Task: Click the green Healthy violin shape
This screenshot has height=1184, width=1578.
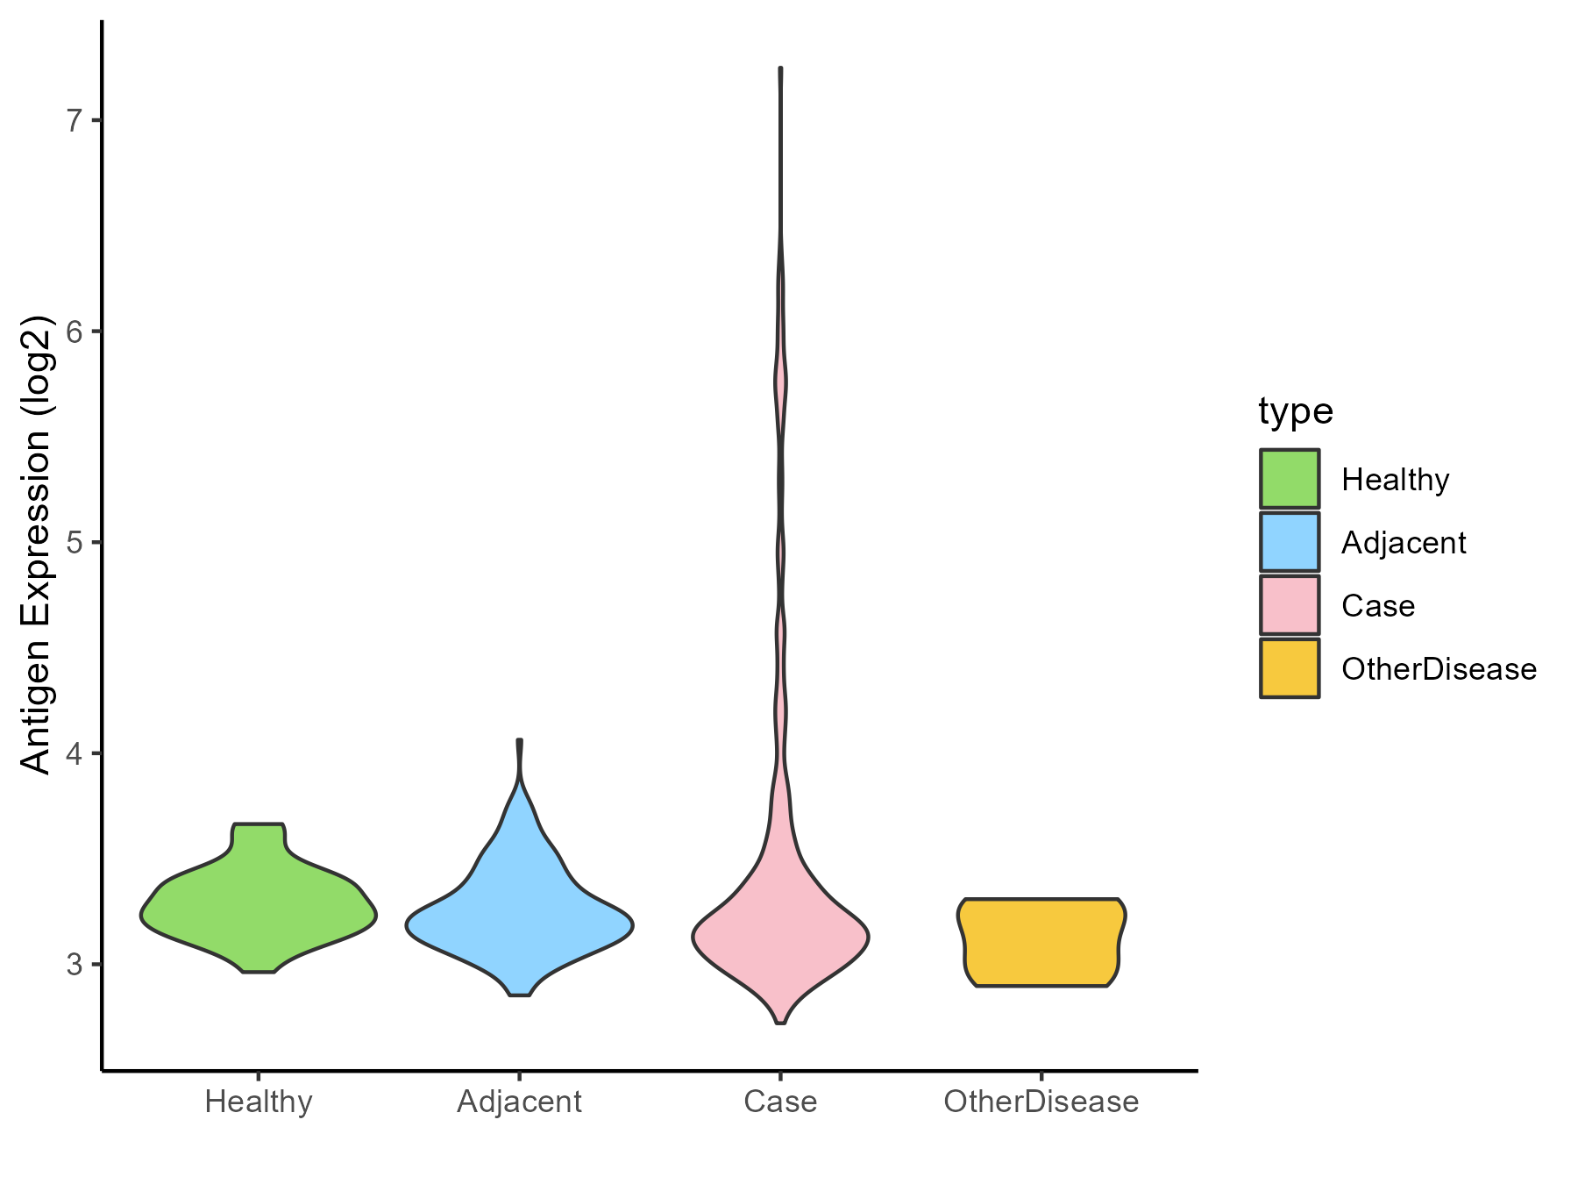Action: tap(259, 912)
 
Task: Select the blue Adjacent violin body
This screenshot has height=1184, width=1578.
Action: tap(519, 921)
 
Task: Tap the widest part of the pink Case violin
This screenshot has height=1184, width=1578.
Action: tap(780, 937)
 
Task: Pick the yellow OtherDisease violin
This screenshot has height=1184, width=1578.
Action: tap(1041, 943)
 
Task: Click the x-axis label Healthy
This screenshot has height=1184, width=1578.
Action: tap(259, 1102)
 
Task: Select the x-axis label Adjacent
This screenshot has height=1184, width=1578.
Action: tap(519, 1102)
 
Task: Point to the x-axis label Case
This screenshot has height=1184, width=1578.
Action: tap(780, 1102)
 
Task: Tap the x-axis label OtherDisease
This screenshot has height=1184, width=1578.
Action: tap(1041, 1102)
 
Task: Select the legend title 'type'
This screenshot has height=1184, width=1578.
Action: tap(1296, 411)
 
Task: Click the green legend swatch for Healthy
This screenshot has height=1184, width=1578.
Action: tap(1290, 479)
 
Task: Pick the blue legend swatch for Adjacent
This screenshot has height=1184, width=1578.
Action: tap(1290, 542)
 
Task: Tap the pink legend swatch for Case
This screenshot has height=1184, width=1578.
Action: tap(1290, 605)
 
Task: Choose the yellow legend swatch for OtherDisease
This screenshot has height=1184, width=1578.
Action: tap(1290, 668)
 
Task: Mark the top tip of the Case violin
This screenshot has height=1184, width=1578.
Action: tap(780, 69)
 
